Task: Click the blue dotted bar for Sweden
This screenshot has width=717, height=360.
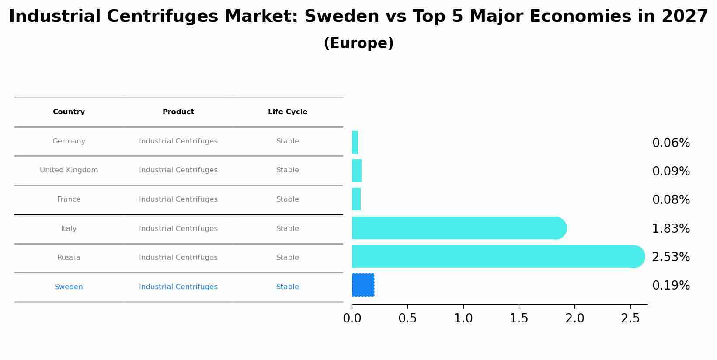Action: [363, 285]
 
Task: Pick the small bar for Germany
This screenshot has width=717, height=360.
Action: [355, 142]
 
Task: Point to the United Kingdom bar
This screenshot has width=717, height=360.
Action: [357, 171]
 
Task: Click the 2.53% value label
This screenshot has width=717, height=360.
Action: [671, 257]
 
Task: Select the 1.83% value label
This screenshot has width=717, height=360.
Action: [671, 229]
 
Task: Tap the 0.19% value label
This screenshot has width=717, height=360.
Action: [671, 286]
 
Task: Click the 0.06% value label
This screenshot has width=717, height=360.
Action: [671, 143]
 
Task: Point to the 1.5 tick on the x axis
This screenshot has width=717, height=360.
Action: [519, 318]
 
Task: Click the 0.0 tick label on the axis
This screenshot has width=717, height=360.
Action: [352, 318]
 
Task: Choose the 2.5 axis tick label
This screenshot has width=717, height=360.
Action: [630, 318]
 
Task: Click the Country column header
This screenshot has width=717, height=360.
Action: [69, 112]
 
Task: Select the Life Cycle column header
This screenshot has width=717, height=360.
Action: [288, 112]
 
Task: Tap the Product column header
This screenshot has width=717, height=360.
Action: [178, 112]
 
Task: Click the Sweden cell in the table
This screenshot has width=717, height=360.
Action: [69, 287]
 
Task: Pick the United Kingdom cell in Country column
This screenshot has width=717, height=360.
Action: [69, 170]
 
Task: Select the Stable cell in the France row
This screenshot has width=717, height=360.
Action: [288, 199]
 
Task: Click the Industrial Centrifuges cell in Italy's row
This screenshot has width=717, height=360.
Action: [178, 229]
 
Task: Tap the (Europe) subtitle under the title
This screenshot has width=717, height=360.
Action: [358, 43]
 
